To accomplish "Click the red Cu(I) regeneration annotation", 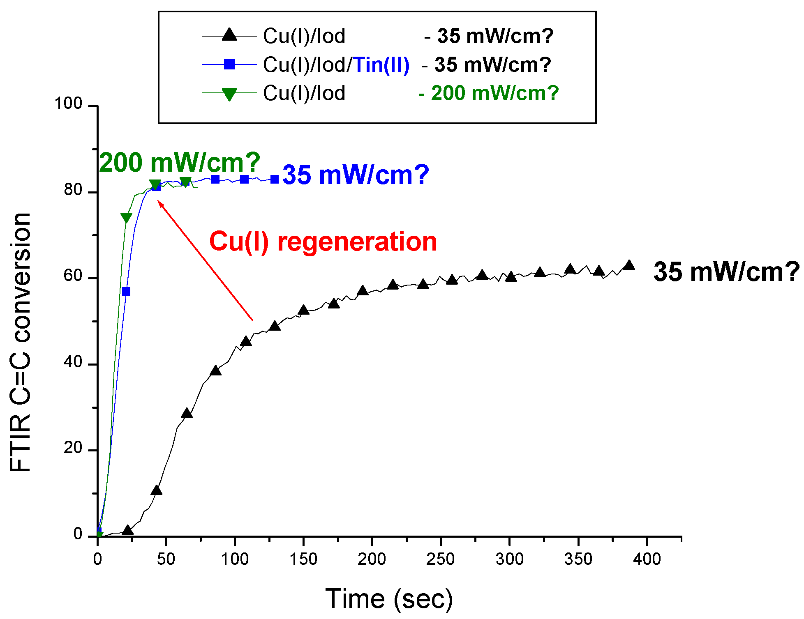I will [323, 242].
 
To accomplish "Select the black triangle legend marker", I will [229, 35].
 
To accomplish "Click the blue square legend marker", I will [229, 64].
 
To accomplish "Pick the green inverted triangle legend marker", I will [229, 94].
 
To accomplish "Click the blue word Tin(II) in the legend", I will [381, 65].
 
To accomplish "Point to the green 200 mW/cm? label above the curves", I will [180, 163].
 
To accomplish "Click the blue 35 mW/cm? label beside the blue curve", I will [356, 175].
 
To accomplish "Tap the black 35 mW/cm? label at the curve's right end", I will [726, 272].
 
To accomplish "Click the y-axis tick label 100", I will [69, 104].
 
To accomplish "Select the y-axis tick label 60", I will [73, 276].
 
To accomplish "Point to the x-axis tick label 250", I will [440, 559].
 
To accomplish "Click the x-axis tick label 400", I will [647, 559].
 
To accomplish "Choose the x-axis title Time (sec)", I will [389, 599].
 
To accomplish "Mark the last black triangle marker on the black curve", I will [629, 265].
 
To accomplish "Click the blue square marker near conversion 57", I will [126, 291].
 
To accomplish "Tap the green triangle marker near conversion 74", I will [126, 217].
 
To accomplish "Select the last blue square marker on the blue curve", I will [275, 179].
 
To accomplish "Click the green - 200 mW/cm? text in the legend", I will [488, 93].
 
